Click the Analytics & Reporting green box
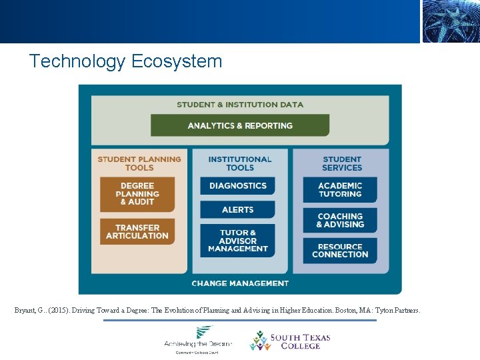point(240,125)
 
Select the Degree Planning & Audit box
point(137,194)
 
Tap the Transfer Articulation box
point(137,231)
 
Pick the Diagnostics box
point(237,186)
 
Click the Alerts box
point(237,209)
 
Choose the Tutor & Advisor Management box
point(237,241)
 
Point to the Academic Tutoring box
point(340,190)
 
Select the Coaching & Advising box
point(340,221)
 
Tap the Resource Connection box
point(340,251)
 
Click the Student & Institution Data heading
point(240,105)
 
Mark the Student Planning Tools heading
point(139,163)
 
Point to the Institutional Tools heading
point(240,163)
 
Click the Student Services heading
point(342,163)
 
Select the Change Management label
point(240,283)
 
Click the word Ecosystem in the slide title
point(177,62)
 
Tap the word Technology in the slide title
point(77,62)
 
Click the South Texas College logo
point(291,341)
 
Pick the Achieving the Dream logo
point(198,339)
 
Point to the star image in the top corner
point(450,21)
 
